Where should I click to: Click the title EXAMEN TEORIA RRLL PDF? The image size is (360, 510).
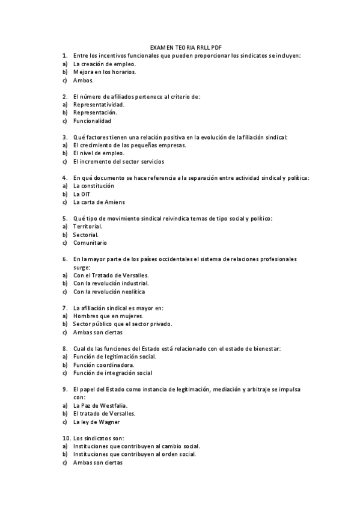180,47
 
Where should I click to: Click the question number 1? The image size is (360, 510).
64,55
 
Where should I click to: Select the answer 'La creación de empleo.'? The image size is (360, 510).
104,63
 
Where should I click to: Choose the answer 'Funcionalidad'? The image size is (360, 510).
92,120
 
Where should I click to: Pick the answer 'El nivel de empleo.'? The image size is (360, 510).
99,153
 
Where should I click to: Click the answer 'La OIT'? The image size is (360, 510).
82,194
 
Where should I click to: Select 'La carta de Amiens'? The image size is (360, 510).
99,202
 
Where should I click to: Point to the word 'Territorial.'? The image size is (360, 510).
88,227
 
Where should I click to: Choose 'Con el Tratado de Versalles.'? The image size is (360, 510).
111,275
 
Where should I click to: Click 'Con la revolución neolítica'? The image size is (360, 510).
109,292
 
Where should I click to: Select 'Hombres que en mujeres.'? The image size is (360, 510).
108,316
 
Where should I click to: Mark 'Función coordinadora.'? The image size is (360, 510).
103,364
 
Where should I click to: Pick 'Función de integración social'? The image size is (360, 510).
112,373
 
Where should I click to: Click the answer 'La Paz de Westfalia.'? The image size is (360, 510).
100,405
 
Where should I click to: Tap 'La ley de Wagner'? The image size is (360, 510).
96,422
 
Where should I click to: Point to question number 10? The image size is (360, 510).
66,438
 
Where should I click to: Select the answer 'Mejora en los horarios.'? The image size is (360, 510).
105,72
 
